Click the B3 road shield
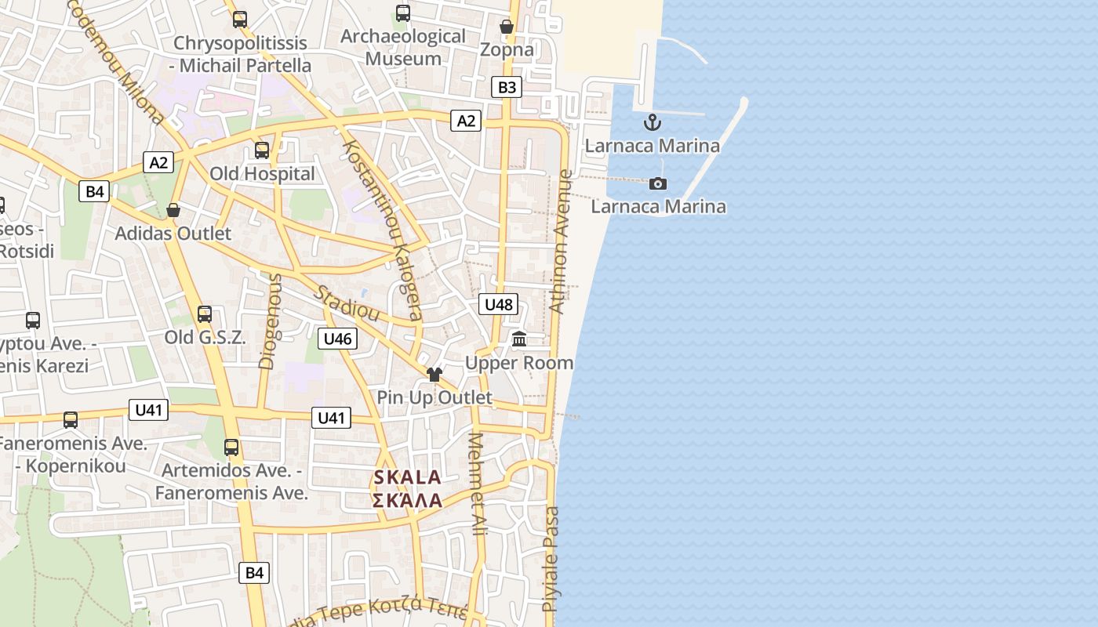tap(507, 87)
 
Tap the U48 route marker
tap(499, 305)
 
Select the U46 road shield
tap(337, 339)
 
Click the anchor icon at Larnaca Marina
tap(652, 122)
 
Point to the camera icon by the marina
tap(658, 183)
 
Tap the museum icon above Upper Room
tap(519, 339)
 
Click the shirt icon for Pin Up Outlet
tap(434, 375)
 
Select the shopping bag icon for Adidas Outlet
tap(173, 210)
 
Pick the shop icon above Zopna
tap(507, 27)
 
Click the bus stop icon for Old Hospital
tap(262, 150)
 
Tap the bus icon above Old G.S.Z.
tap(205, 314)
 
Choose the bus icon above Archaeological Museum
tap(403, 13)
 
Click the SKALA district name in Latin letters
tap(407, 477)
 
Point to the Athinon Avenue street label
tap(561, 242)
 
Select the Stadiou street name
tap(347, 303)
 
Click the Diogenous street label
tap(269, 321)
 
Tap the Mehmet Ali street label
tap(477, 484)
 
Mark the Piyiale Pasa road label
tap(551, 558)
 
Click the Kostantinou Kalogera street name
tap(384, 230)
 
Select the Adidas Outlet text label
tap(173, 234)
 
